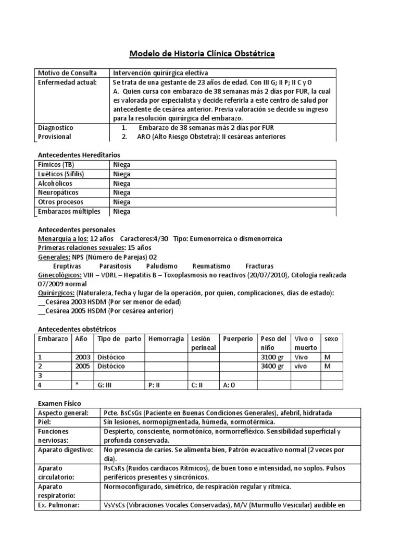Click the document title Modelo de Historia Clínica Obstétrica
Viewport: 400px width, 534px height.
202,54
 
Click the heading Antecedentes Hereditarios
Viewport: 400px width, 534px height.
80,155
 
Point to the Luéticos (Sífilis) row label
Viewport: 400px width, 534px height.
61,174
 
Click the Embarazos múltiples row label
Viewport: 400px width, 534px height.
69,211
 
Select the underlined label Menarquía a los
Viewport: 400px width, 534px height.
64,239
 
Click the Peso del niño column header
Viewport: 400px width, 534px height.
273,343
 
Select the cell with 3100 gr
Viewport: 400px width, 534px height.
272,357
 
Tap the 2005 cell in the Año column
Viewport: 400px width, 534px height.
82,367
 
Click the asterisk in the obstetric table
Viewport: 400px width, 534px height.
77,385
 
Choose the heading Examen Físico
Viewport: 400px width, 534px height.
60,404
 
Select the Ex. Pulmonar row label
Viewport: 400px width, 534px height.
60,505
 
